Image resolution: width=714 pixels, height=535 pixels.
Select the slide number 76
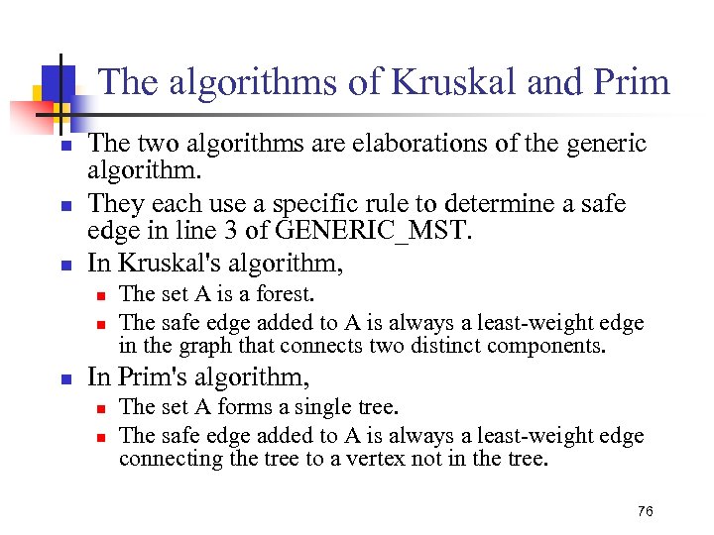[646, 510]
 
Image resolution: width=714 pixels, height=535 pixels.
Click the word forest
[285, 294]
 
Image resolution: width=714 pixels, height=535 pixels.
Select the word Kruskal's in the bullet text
[158, 264]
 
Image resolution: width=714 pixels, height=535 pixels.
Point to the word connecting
[161, 459]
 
